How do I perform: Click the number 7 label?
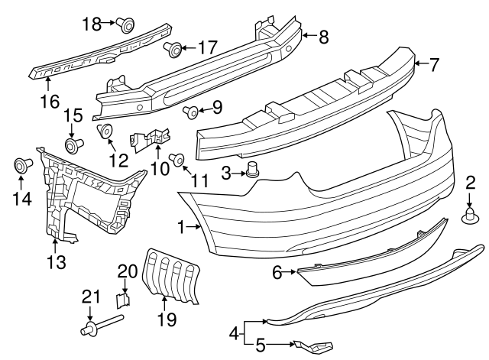(x=433, y=64)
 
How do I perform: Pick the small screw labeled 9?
(x=191, y=113)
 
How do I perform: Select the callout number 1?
(x=181, y=226)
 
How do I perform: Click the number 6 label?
(x=277, y=271)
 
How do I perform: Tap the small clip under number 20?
(x=123, y=295)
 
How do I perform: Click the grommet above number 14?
(x=21, y=165)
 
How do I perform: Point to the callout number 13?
(x=57, y=264)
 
